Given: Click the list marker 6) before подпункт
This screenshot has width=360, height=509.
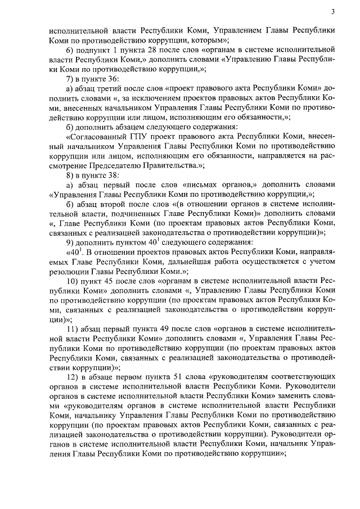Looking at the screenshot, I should point(70,51).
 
